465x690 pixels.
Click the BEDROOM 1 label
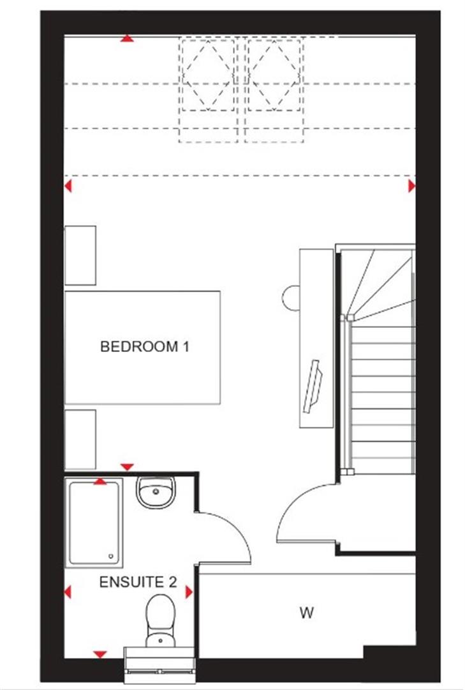point(145,348)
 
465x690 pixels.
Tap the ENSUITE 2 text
point(137,583)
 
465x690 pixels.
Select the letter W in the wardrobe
point(307,613)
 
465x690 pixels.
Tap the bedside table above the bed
point(80,255)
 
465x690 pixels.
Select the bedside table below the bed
point(80,440)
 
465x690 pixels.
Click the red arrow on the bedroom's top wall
point(128,40)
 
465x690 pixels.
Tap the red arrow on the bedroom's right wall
point(411,186)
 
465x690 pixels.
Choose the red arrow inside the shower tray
point(100,481)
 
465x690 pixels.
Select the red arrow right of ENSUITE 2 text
point(189,593)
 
